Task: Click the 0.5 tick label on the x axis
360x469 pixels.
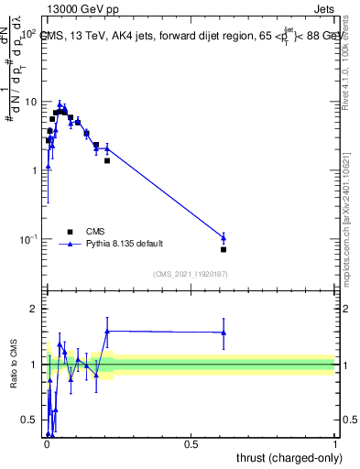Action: click(x=191, y=443)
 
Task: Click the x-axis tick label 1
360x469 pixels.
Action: click(x=334, y=443)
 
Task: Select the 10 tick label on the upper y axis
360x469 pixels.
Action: click(x=31, y=102)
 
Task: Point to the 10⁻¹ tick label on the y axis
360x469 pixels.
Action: click(x=27, y=239)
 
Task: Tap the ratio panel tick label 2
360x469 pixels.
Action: click(x=35, y=309)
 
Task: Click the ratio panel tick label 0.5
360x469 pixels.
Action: click(x=30, y=420)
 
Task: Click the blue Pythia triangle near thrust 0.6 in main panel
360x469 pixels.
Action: click(x=224, y=237)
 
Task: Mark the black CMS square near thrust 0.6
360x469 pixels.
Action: click(x=224, y=249)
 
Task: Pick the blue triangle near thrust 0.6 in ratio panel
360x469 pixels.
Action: click(x=224, y=333)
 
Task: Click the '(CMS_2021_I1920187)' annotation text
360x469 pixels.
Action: click(x=190, y=274)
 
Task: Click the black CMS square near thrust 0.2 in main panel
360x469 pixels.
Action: click(x=107, y=160)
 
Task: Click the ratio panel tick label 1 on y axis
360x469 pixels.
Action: click(x=35, y=365)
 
